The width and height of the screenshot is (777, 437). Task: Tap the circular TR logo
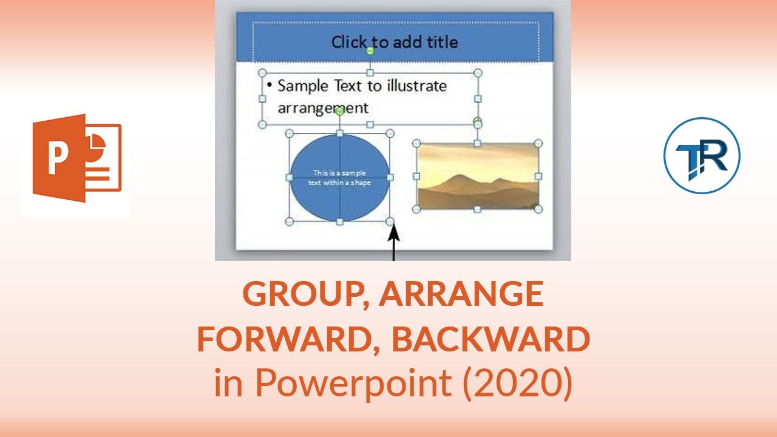702,155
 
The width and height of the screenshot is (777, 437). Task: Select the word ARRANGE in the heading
462,295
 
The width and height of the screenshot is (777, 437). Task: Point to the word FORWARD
289,339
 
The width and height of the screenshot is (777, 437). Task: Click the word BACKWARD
490,339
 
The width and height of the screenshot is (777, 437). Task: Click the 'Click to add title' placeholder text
395,42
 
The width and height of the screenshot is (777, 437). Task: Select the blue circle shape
340,177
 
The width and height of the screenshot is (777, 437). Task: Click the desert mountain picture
478,176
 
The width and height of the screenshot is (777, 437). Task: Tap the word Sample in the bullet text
303,86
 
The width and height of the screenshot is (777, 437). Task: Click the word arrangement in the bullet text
322,108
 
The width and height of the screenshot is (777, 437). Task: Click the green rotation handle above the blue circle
340,111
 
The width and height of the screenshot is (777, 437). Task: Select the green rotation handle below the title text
370,51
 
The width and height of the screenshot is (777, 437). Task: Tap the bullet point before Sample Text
269,84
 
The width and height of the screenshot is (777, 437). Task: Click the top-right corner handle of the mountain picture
538,144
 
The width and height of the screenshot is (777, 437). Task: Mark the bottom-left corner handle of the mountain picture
416,209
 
